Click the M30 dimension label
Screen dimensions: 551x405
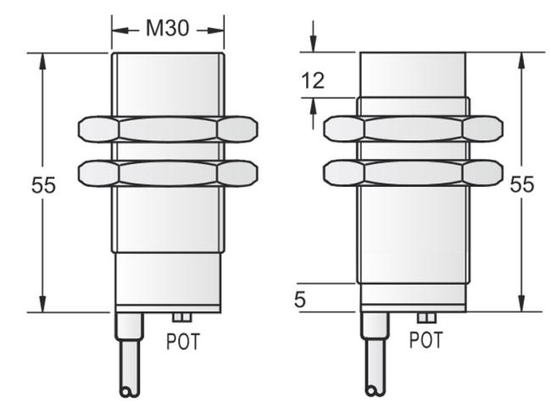[168, 28]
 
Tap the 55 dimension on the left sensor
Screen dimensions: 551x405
[43, 185]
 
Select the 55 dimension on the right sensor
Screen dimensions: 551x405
[522, 184]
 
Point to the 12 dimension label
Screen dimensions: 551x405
[313, 81]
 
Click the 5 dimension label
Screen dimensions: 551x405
[300, 300]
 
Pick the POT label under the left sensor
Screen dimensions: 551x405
[183, 341]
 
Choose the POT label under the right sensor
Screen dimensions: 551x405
[426, 340]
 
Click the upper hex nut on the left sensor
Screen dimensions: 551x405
[168, 130]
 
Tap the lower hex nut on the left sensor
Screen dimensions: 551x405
[168, 173]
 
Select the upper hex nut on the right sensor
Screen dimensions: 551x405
[413, 129]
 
